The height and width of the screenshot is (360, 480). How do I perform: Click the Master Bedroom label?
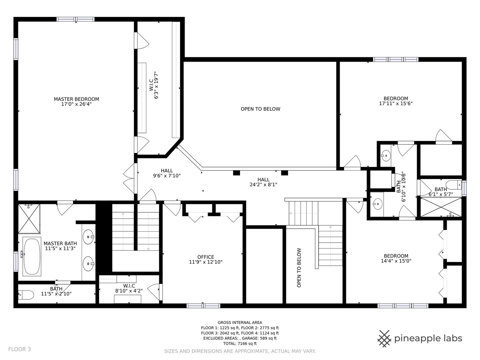pyautogui.click(x=76, y=99)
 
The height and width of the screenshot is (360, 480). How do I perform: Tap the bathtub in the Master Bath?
pyautogui.click(x=32, y=256)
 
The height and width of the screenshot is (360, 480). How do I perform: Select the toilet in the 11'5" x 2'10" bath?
pyautogui.click(x=26, y=295)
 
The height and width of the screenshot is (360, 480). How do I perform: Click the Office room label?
pyautogui.click(x=206, y=257)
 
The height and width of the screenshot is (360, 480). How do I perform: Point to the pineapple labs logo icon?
pyautogui.click(x=384, y=339)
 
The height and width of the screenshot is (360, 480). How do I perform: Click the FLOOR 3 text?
pyautogui.click(x=19, y=349)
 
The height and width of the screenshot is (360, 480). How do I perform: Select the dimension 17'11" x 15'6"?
pyautogui.click(x=396, y=104)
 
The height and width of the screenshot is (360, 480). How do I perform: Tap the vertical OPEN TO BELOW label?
pyautogui.click(x=299, y=268)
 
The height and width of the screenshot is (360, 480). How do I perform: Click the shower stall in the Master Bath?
pyautogui.click(x=29, y=219)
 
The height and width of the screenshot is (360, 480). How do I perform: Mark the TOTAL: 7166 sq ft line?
pyautogui.click(x=240, y=343)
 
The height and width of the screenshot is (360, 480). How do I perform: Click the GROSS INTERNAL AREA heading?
pyautogui.click(x=240, y=322)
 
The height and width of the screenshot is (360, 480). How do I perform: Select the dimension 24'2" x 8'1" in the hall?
pyautogui.click(x=263, y=185)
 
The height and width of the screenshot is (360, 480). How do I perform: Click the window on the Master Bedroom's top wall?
pyautogui.click(x=76, y=19)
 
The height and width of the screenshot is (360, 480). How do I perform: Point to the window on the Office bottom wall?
pyautogui.click(x=203, y=306)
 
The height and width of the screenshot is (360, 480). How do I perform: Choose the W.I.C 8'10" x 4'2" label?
pyautogui.click(x=129, y=286)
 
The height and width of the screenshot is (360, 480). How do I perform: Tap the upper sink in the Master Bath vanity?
pyautogui.click(x=89, y=237)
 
